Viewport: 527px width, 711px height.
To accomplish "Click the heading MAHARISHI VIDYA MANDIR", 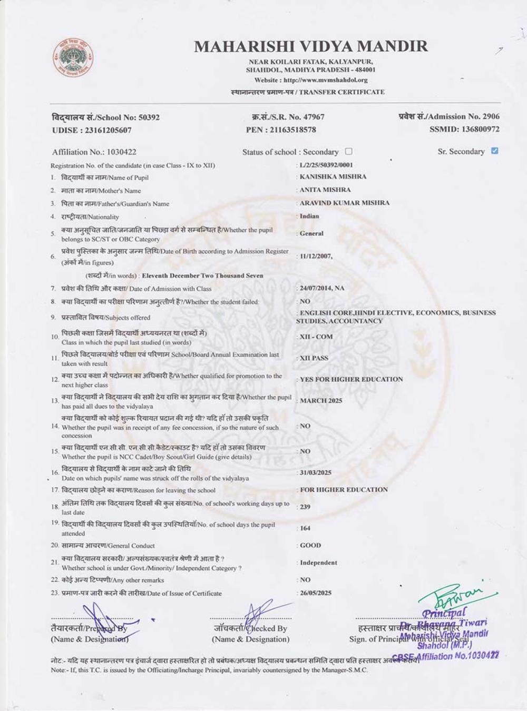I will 311,46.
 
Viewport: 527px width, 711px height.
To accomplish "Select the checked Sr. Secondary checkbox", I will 494,151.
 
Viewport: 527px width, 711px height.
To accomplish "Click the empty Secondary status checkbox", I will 348,151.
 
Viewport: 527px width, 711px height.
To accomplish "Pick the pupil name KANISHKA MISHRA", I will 333,176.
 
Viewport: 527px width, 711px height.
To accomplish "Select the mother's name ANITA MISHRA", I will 325,190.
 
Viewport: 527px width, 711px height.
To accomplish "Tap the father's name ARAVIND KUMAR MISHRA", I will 345,203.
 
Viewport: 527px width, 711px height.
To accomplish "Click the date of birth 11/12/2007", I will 316,256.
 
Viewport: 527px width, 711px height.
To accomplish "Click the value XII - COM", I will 316,337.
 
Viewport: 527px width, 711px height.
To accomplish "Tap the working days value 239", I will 305,507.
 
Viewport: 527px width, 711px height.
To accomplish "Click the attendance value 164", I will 305,528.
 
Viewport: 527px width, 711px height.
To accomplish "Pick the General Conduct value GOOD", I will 310,545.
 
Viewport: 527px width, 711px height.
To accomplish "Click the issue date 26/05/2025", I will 316,592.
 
